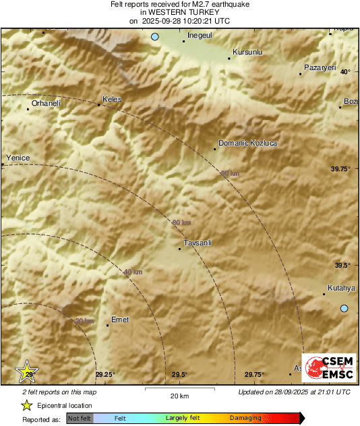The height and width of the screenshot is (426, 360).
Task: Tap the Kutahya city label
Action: coord(341,288)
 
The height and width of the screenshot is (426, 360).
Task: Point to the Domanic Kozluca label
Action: coord(247,143)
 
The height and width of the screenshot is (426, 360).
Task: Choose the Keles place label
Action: coord(112,99)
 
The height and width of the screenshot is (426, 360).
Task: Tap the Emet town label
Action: coord(119,319)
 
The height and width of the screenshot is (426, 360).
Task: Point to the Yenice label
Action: coord(18,158)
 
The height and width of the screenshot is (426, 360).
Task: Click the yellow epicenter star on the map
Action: coord(28,371)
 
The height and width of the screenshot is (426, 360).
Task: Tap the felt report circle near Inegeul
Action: coord(155,37)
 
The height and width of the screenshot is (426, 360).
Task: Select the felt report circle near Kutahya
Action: coord(344,309)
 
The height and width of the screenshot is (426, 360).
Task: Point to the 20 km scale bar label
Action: coord(179,395)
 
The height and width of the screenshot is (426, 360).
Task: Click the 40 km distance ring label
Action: coord(133,272)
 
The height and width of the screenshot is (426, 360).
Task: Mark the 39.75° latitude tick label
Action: coord(341,169)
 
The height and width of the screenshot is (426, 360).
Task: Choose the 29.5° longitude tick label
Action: coord(179,375)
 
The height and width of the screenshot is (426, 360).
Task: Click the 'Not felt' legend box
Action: coord(80,419)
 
